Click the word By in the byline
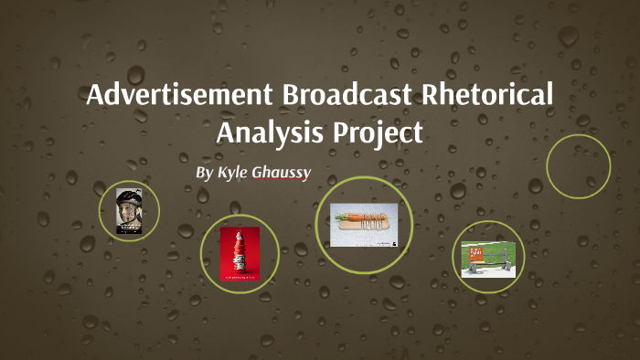pos(205,173)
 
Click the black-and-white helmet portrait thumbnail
pos(129,210)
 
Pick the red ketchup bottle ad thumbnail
pos(239,253)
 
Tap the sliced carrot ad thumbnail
pos(363,225)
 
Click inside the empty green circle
pos(578,166)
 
